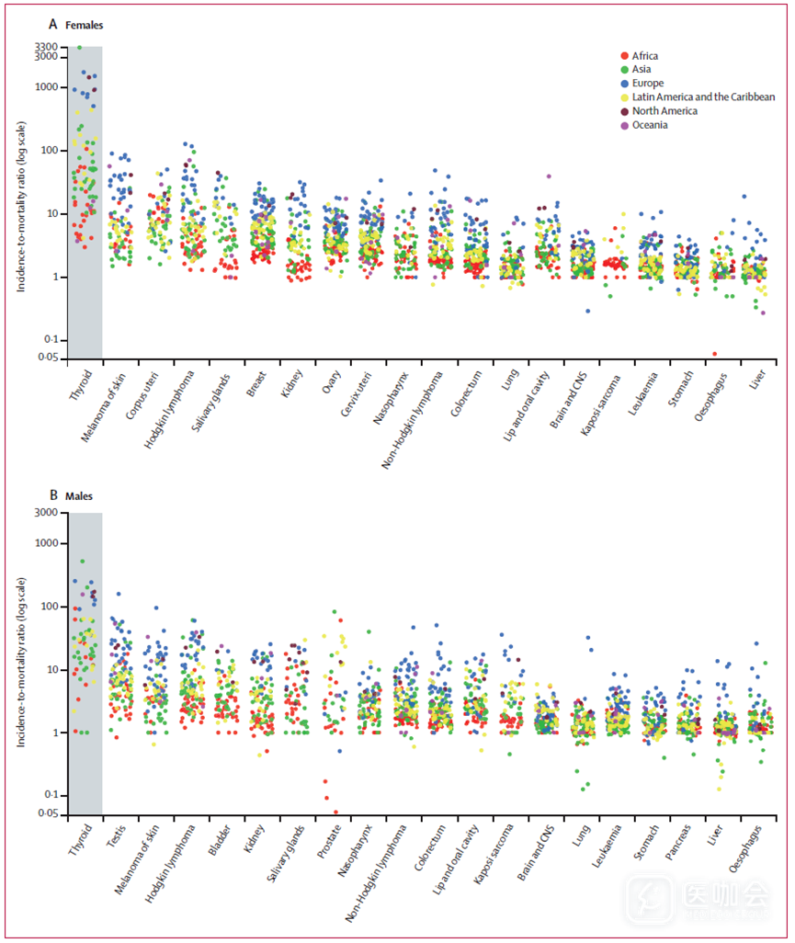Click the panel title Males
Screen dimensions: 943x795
79,496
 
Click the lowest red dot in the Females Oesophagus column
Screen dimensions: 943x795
715,354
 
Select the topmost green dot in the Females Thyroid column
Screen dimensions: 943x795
79,47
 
